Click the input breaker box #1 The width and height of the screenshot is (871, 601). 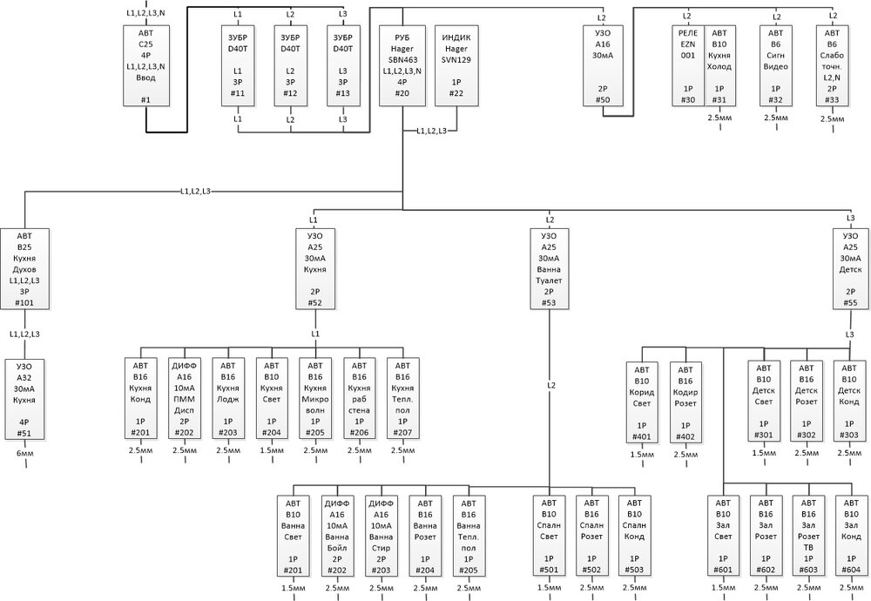[x=145, y=66]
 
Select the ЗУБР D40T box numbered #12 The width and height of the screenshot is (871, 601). [x=291, y=66]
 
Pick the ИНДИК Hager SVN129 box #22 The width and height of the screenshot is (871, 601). [x=456, y=66]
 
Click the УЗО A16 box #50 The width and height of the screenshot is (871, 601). [x=601, y=66]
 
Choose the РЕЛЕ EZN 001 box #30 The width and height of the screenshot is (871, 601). [x=687, y=66]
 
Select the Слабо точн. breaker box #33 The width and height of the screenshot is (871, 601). [x=833, y=66]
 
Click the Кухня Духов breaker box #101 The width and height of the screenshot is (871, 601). [x=25, y=269]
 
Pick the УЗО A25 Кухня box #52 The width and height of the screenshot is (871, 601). [x=314, y=269]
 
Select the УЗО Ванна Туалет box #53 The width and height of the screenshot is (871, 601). [x=549, y=269]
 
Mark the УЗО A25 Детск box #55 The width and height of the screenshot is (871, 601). [x=850, y=269]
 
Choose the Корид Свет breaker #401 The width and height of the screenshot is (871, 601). [x=641, y=402]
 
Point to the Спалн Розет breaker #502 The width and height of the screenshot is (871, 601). [x=592, y=535]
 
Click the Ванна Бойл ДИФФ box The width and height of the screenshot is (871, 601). [x=337, y=535]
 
